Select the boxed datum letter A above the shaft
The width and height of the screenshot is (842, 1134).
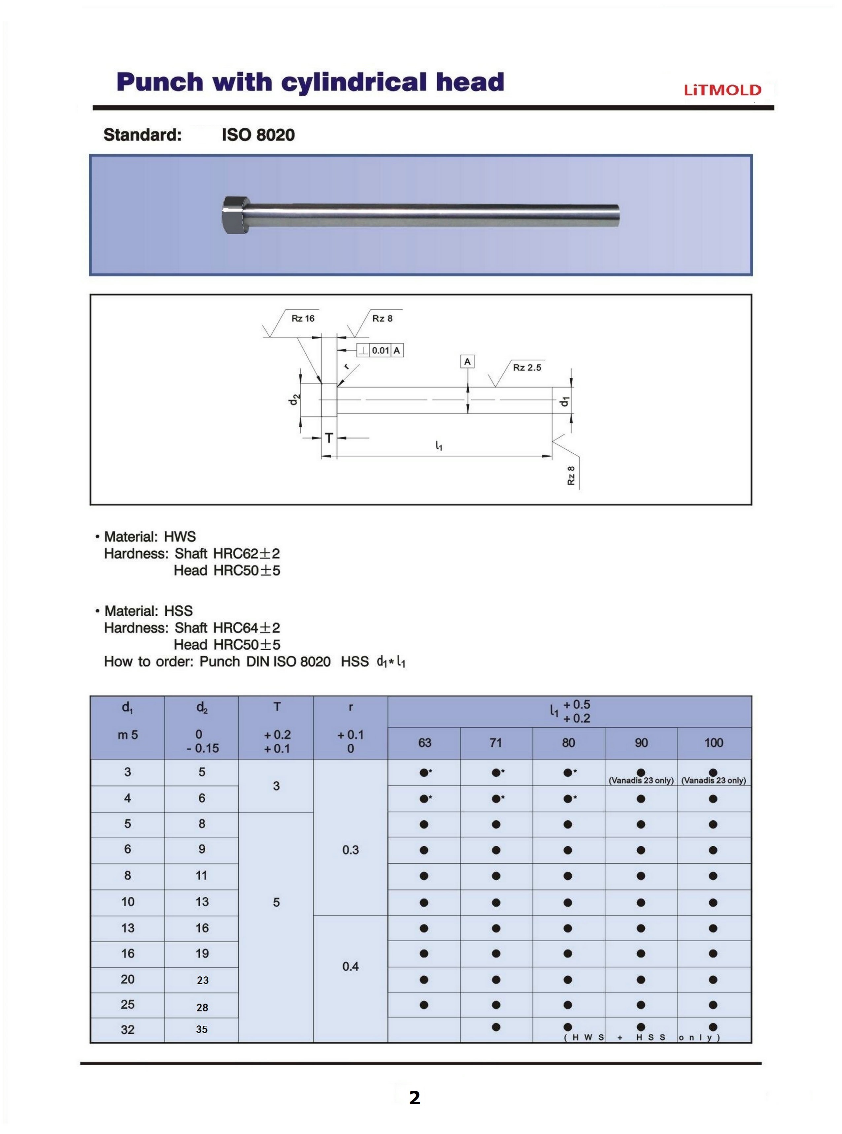click(x=467, y=362)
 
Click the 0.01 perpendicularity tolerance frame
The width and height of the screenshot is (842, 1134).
click(x=380, y=350)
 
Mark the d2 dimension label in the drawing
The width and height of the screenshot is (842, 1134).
click(x=293, y=401)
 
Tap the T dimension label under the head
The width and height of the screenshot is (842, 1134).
click(x=329, y=437)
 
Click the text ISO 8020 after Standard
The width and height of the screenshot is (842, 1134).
click(x=258, y=135)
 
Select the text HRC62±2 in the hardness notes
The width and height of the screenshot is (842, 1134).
click(x=247, y=553)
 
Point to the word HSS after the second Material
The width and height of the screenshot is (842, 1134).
click(x=178, y=611)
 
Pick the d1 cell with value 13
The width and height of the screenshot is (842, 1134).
click(x=127, y=928)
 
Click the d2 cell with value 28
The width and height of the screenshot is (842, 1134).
click(x=202, y=1007)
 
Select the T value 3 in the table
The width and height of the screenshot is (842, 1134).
click(x=276, y=786)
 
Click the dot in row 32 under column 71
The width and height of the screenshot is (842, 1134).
click(x=496, y=1027)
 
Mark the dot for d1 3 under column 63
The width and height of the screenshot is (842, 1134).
click(x=423, y=772)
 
